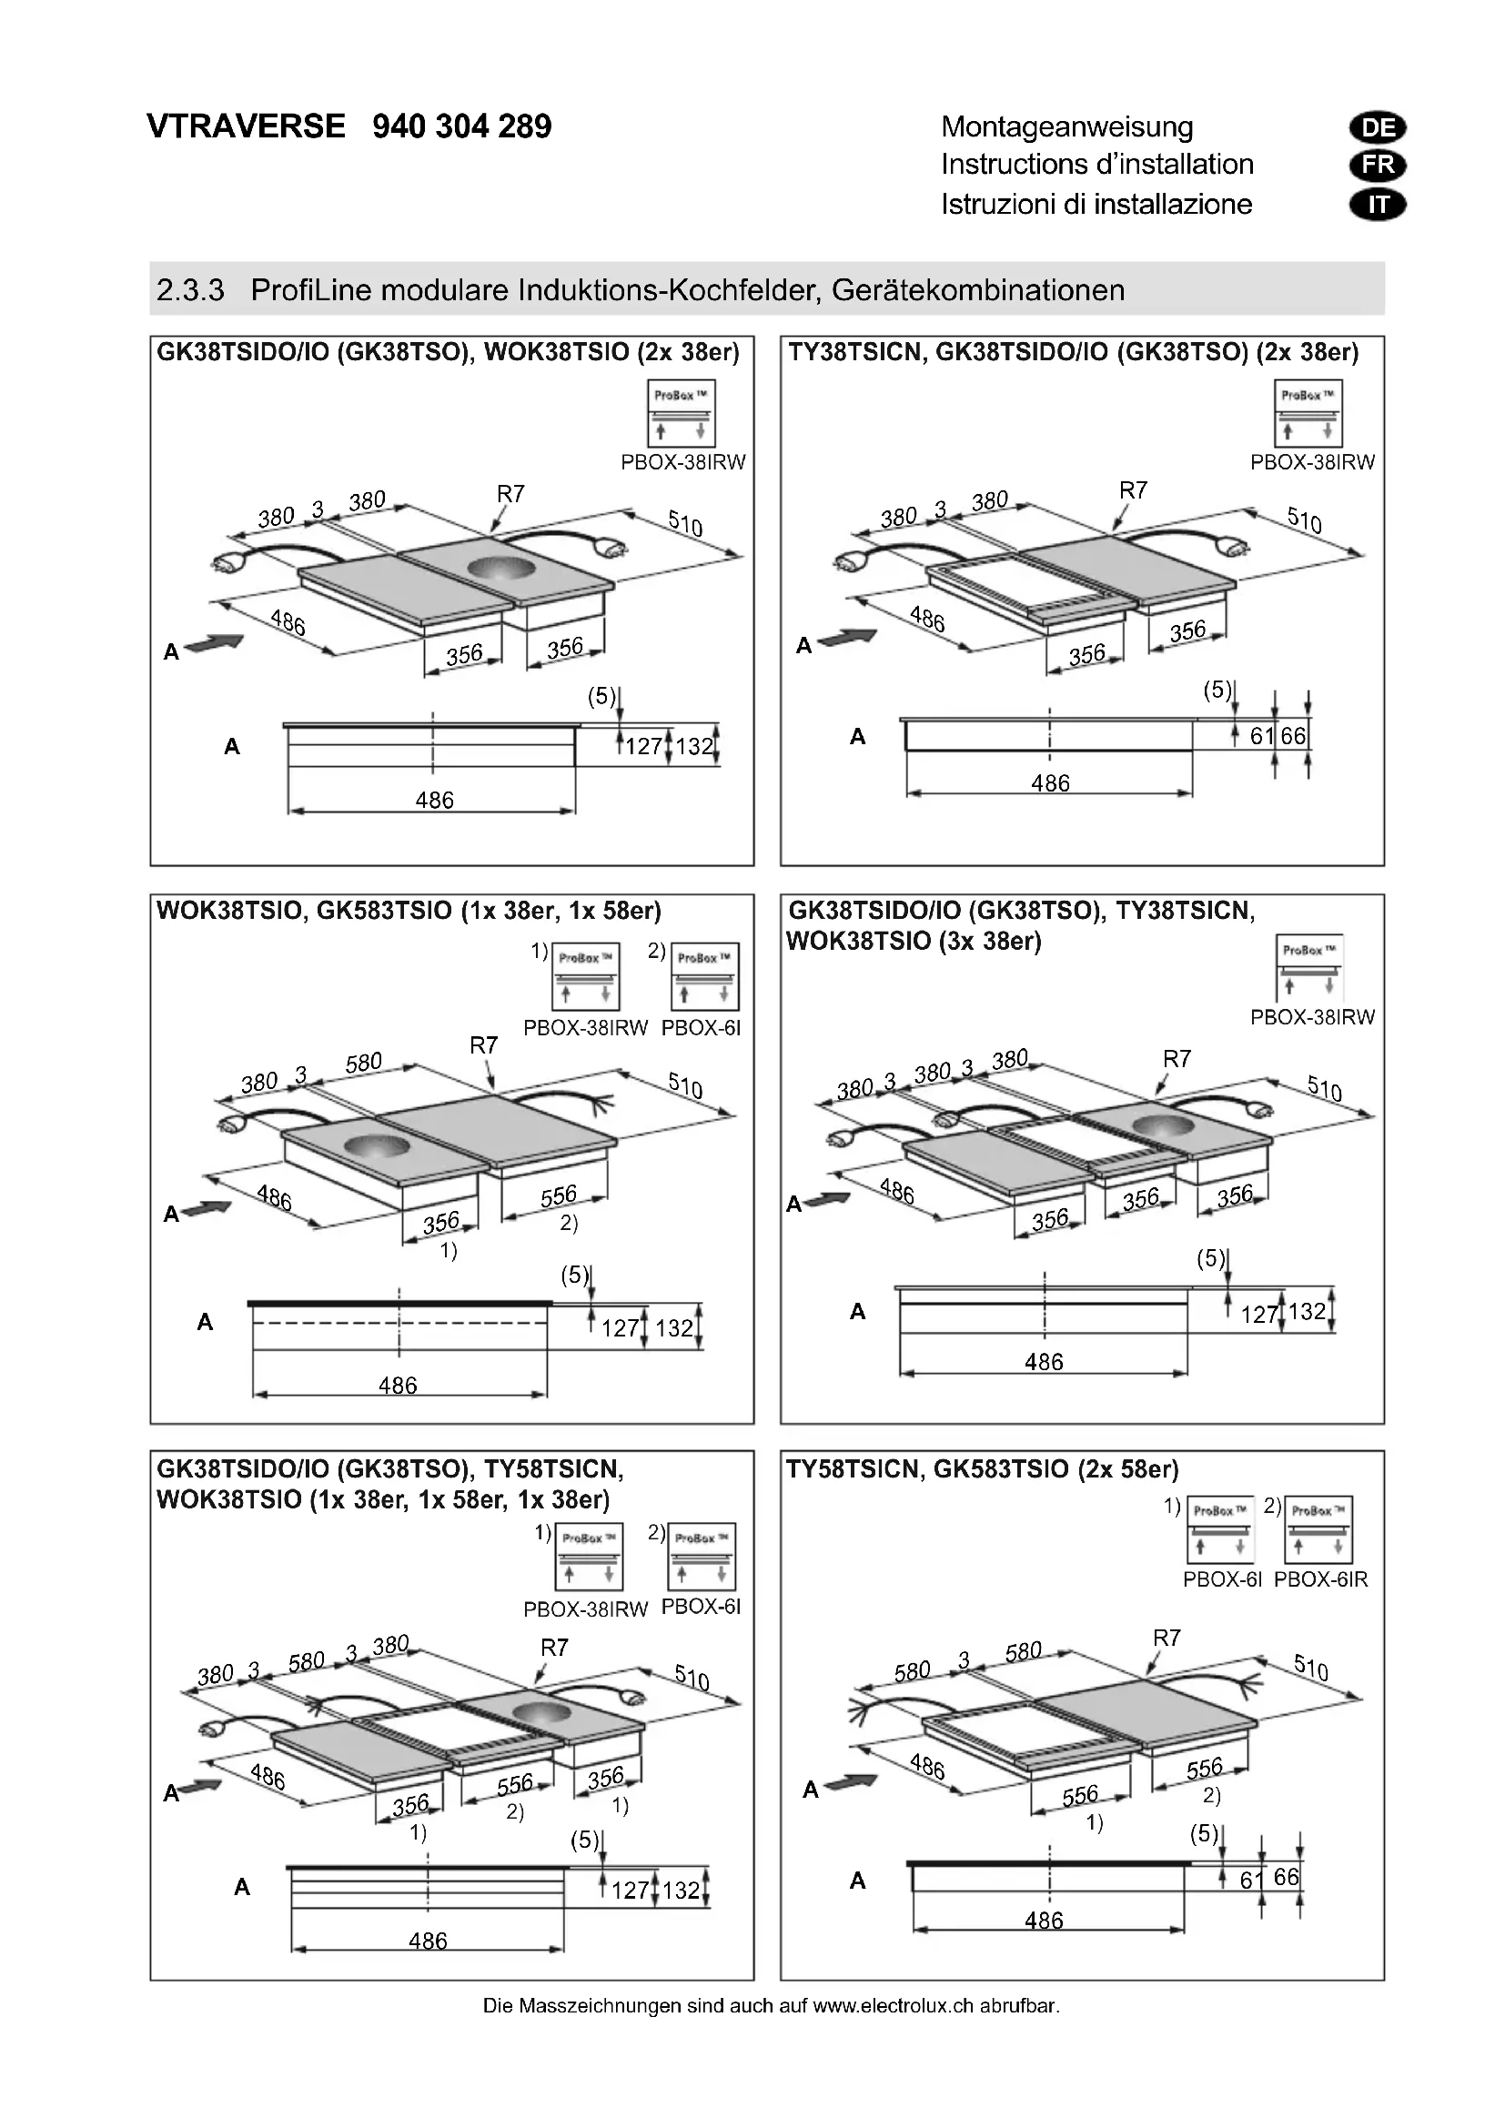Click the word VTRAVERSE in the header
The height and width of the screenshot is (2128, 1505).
click(246, 126)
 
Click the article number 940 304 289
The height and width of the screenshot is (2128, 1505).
click(461, 126)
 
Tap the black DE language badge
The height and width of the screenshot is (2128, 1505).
click(1378, 128)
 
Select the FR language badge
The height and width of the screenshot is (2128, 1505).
click(1378, 166)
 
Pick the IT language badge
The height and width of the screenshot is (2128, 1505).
click(1378, 205)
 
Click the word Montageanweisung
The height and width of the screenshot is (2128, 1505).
click(1066, 127)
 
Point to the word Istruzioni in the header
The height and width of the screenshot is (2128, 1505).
click(997, 204)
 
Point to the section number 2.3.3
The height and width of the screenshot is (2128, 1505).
click(190, 290)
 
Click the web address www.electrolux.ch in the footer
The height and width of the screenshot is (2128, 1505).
click(894, 2006)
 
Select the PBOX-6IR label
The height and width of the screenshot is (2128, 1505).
click(1320, 1579)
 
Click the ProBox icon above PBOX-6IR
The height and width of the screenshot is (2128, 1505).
click(1318, 1529)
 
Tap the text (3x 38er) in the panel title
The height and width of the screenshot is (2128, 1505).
click(990, 942)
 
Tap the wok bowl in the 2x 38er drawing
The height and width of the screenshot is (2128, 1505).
click(501, 567)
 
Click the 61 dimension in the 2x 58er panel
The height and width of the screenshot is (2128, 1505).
click(1251, 1880)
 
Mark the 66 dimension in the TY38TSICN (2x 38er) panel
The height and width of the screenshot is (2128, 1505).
click(1293, 736)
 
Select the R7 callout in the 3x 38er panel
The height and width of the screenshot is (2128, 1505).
click(1176, 1058)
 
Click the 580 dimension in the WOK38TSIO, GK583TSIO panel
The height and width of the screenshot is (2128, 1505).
click(363, 1062)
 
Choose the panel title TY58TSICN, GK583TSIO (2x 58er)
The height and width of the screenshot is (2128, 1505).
click(983, 1469)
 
